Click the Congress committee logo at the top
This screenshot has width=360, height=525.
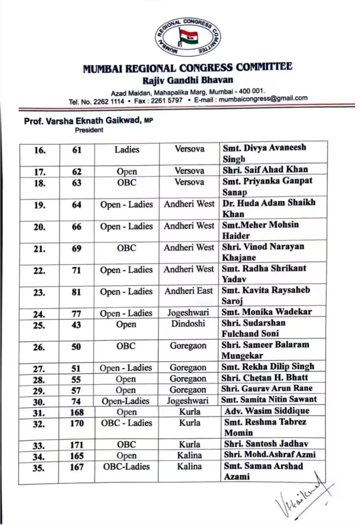pyautogui.click(x=188, y=37)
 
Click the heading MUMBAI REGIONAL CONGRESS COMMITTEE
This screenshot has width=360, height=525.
pyautogui.click(x=188, y=67)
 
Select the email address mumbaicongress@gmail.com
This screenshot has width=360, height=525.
pyautogui.click(x=263, y=99)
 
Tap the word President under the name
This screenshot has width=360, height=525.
pyautogui.click(x=89, y=130)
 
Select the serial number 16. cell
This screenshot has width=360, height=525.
pyautogui.click(x=39, y=149)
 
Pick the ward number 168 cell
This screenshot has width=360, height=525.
pyautogui.click(x=77, y=412)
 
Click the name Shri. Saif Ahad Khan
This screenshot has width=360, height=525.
pyautogui.click(x=265, y=169)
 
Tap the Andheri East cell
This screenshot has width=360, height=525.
pyautogui.click(x=188, y=291)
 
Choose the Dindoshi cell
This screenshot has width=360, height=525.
pyautogui.click(x=188, y=324)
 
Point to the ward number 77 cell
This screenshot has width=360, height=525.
pyautogui.click(x=77, y=313)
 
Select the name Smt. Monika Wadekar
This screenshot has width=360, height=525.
pyautogui.click(x=267, y=312)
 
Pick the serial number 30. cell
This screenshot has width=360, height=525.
pyautogui.click(x=39, y=401)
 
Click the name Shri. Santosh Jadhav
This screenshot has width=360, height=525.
pyautogui.click(x=266, y=443)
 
